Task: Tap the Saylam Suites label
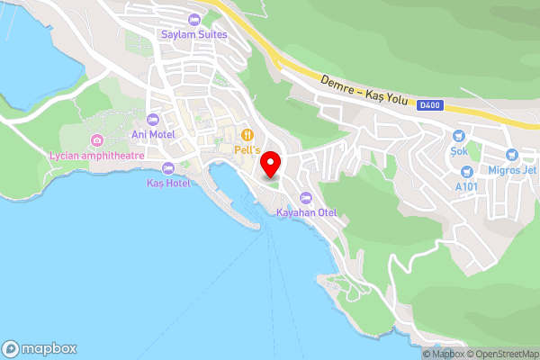pos(193,35)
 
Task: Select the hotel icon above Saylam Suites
pos(193,20)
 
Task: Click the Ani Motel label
pos(153,135)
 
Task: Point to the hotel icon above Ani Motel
pos(153,120)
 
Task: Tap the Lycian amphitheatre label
pos(96,156)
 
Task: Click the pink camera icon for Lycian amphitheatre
pos(96,140)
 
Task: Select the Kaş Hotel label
pos(168,183)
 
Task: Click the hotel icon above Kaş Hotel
pos(168,167)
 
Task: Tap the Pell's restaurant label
pos(246,148)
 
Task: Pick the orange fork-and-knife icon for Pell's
pos(245,133)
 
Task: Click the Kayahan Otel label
pos(306,213)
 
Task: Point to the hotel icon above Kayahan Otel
pos(306,198)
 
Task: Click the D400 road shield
pos(428,105)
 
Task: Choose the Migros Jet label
pos(510,171)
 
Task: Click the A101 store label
pos(466,186)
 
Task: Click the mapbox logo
pos(40,348)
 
